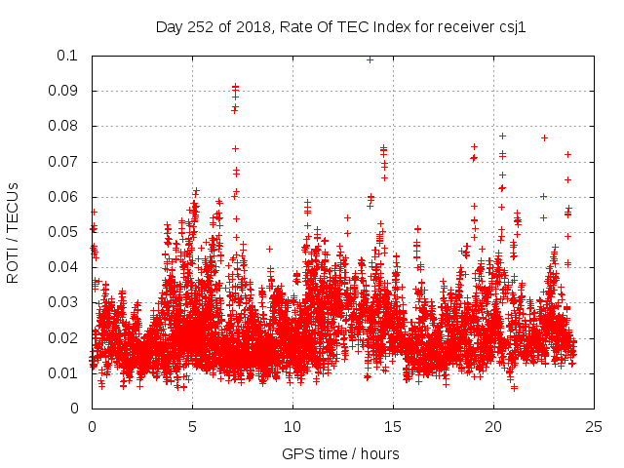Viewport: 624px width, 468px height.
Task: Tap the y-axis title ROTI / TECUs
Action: (13, 232)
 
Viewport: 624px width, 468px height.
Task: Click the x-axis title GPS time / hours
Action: (340, 453)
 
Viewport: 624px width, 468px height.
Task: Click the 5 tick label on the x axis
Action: (192, 426)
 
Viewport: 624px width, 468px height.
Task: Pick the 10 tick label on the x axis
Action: (292, 426)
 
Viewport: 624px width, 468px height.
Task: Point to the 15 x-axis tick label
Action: (393, 426)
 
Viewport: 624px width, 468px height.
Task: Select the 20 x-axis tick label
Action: (493, 426)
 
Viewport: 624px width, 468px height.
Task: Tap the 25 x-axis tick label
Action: (594, 426)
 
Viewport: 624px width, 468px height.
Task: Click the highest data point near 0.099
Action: (370, 59)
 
